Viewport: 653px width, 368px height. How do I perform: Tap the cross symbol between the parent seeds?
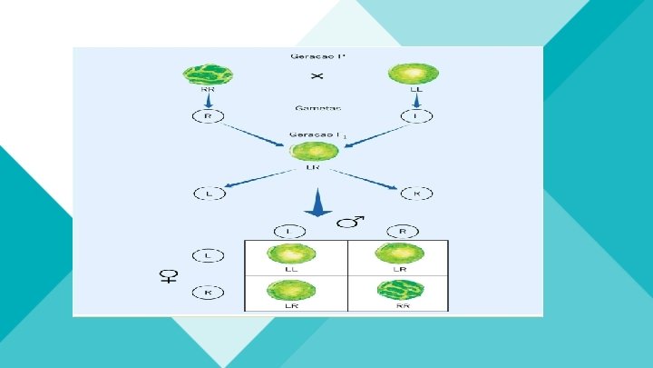(317, 75)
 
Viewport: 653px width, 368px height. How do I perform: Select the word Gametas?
(317, 107)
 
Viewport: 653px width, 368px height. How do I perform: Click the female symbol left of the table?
(169, 276)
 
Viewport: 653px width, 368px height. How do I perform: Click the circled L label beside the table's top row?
(207, 257)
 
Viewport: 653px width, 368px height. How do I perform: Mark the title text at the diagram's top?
(317, 56)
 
